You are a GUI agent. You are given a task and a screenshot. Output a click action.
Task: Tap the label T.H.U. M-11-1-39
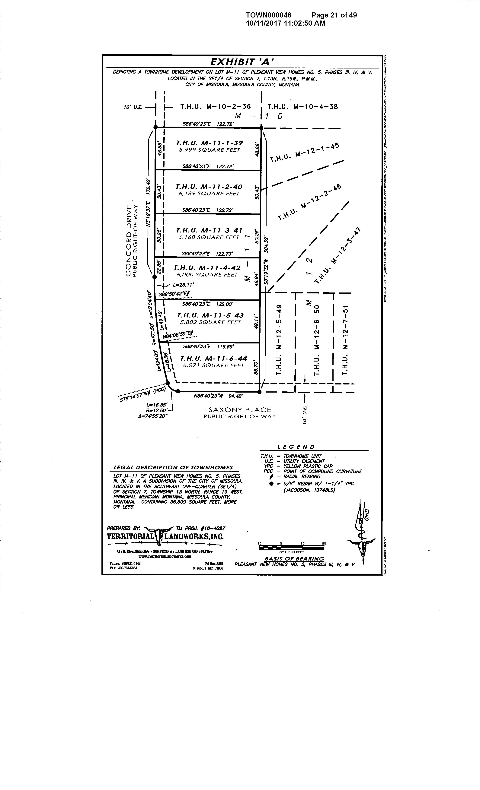[x=210, y=143]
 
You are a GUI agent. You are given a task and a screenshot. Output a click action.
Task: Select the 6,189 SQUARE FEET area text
[x=209, y=194]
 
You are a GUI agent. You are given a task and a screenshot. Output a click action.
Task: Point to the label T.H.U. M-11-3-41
[x=209, y=231]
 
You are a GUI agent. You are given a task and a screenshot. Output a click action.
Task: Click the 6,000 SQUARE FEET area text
[x=207, y=275]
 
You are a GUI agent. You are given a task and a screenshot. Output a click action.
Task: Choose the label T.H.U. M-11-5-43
[x=210, y=315]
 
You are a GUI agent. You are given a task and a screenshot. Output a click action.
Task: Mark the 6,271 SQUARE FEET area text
[x=213, y=365]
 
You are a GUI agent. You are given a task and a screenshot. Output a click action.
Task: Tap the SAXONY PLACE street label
[x=240, y=410]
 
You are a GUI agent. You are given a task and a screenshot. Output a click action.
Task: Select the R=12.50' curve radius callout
[x=156, y=410]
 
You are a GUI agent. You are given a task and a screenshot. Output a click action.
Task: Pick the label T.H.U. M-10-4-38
[x=302, y=107]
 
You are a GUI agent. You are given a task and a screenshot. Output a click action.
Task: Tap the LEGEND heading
[x=296, y=447]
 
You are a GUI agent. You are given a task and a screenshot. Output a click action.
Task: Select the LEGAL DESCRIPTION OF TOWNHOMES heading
[x=173, y=467]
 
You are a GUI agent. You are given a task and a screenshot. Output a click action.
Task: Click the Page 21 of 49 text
[x=334, y=15]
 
